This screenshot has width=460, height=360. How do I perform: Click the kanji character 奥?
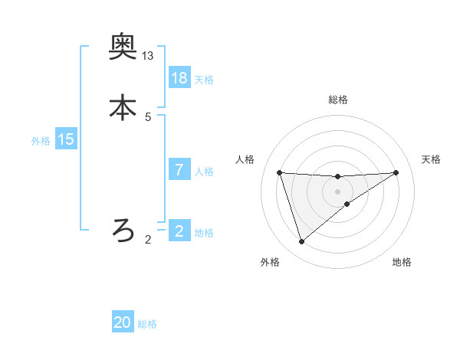123,48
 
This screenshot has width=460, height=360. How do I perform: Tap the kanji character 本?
123,107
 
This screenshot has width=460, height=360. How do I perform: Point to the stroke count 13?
148,56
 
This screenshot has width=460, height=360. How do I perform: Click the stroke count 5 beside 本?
148,116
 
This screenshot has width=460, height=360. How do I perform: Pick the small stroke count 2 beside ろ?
148,240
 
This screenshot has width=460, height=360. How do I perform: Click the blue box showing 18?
179,78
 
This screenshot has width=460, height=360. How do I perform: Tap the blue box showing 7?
179,170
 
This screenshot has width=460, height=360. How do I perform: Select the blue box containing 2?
179,231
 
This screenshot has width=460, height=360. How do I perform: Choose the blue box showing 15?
66,139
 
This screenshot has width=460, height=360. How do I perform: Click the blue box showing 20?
123,323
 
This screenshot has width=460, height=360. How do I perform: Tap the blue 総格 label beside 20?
147,325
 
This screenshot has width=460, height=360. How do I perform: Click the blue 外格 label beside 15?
41,141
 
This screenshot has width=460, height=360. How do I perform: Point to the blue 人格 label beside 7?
204,172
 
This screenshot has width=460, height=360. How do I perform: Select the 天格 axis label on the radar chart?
431,159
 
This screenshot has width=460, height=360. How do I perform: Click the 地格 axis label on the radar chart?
402,263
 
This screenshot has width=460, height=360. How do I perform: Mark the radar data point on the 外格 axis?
301,242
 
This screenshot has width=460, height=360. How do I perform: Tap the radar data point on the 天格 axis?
396,172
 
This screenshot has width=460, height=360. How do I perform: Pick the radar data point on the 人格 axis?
279,172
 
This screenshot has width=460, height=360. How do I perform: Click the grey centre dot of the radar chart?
337,191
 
